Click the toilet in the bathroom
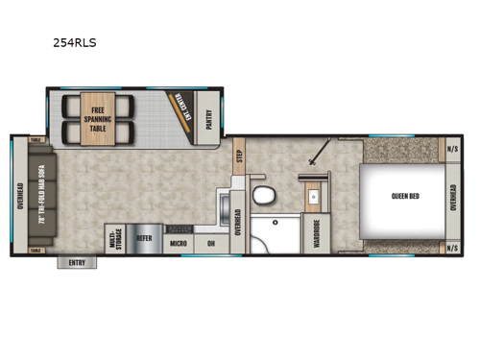pos(262,197)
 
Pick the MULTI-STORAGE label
pos(115,239)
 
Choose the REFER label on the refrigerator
pos(144,239)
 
